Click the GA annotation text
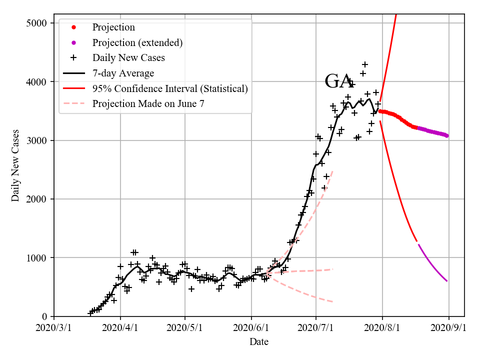(x=339, y=81)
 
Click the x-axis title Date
(x=259, y=342)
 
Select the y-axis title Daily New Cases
(x=15, y=165)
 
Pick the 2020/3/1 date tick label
(x=54, y=327)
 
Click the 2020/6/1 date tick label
(x=251, y=327)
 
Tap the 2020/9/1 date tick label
(x=448, y=327)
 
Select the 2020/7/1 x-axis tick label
(x=316, y=327)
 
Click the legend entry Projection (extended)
(x=137, y=42)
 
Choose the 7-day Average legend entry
(x=123, y=73)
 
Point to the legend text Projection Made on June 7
(x=148, y=104)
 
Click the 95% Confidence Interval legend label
(x=170, y=88)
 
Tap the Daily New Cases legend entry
(x=128, y=58)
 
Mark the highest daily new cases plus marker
(x=365, y=64)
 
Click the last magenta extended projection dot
(x=446, y=135)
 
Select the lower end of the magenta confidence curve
(x=446, y=281)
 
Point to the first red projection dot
(x=380, y=111)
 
